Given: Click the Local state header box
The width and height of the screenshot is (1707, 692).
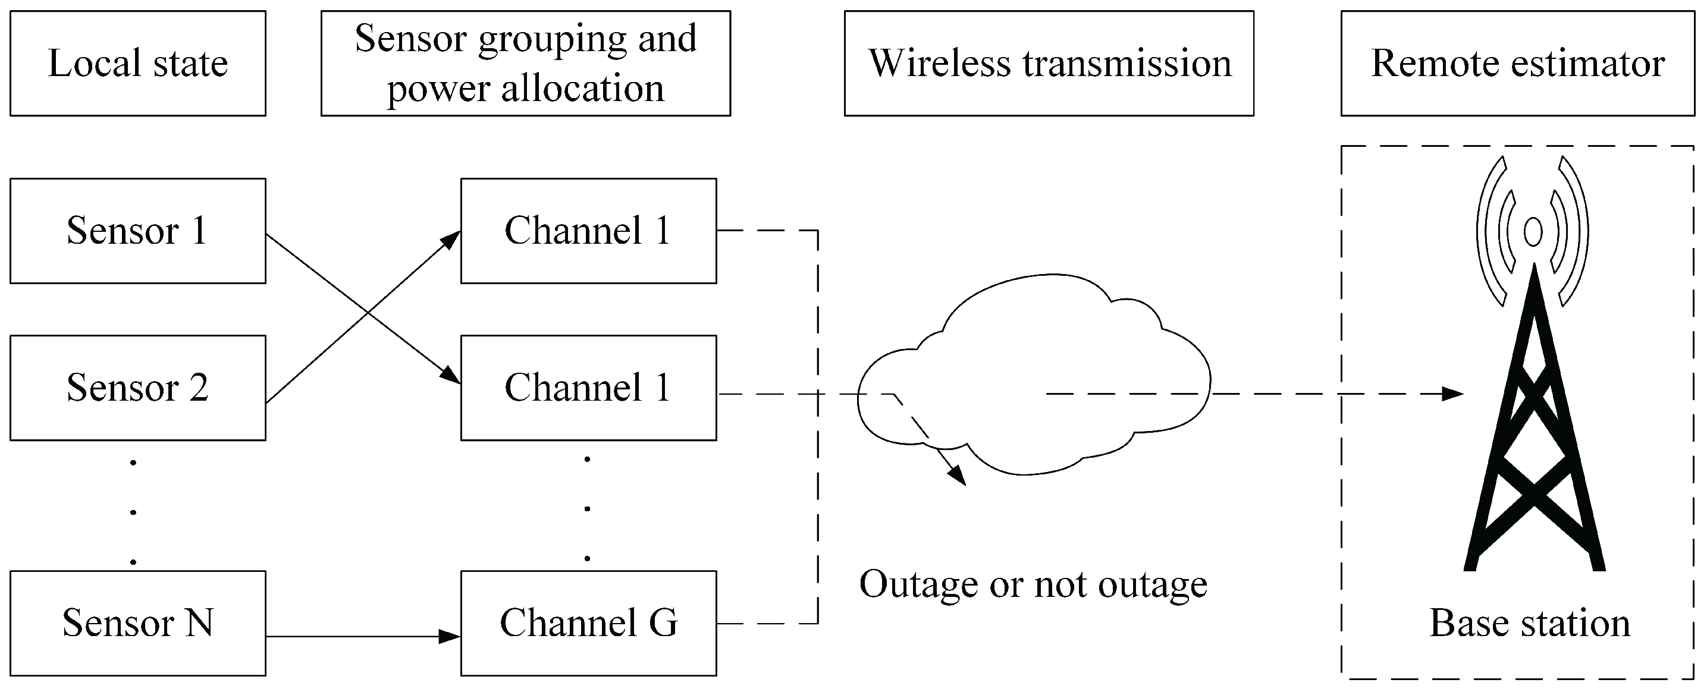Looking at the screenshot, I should point(138,64).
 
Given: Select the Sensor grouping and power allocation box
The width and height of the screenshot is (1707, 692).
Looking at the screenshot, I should point(526,64).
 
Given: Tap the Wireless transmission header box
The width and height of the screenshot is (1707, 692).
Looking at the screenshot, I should point(1049,64).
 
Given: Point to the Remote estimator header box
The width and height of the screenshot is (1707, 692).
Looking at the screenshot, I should point(1517,64).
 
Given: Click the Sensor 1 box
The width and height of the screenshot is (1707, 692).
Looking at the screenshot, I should point(138,231).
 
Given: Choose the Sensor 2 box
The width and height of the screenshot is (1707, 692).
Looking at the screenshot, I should point(138,388).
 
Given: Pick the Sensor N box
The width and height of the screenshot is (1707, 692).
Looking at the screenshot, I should point(138,623).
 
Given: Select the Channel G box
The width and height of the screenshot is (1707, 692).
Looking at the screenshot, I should point(588,623).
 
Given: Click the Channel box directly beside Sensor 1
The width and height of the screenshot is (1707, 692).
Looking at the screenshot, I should point(588,231).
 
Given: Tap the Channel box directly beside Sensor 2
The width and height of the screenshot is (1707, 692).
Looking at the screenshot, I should point(588,388).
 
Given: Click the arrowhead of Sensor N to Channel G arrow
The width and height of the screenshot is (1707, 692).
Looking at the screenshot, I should point(451,637).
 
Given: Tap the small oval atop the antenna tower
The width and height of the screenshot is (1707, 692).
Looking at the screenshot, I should point(1533,232).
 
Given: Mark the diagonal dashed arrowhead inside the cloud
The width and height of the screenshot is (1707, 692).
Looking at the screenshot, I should point(958,477).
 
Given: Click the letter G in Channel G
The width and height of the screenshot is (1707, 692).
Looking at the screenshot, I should point(663,623).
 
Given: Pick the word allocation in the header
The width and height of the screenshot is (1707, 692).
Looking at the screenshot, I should point(582,88).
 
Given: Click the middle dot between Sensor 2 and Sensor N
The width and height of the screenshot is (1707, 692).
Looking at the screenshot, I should point(134,512).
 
